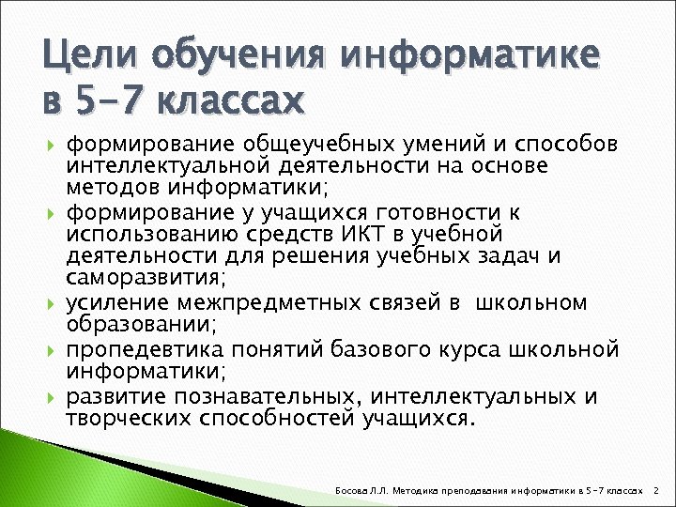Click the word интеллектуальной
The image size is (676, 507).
click(170, 166)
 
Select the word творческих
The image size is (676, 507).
click(129, 418)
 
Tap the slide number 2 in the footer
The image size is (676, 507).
click(656, 490)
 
